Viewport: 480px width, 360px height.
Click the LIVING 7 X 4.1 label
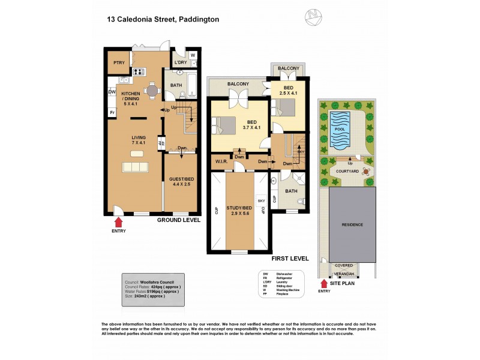(139, 140)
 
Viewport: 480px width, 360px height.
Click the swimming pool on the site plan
(339, 130)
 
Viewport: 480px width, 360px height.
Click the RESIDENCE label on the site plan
(352, 224)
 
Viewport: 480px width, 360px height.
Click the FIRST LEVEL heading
(290, 259)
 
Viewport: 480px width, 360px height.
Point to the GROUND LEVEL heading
(179, 220)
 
